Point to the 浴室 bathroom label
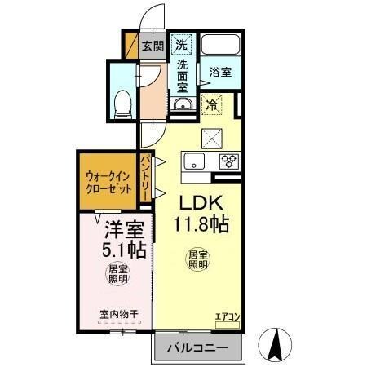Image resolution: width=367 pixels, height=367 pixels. (220, 72)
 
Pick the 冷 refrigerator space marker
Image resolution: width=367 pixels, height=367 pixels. (212, 104)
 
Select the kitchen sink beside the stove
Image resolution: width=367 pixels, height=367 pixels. (196, 161)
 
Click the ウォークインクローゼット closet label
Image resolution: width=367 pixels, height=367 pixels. (108, 181)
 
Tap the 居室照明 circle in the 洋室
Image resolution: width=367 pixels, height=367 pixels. (117, 274)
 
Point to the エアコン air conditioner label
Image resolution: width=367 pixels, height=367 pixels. (226, 316)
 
